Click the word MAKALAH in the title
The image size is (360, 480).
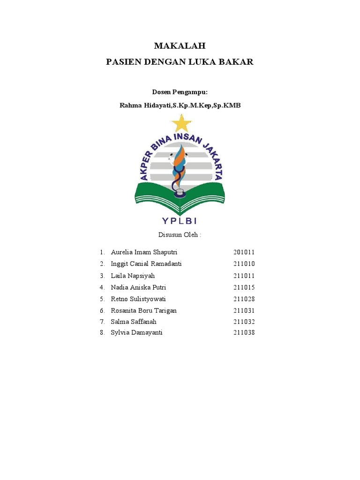[180, 46]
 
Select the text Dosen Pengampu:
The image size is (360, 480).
[180, 92]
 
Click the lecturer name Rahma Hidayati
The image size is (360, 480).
[145, 105]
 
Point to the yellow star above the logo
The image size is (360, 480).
[181, 123]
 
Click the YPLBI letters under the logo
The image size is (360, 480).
[180, 220]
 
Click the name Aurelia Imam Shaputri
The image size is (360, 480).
[141, 252]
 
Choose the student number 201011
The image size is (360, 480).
[244, 252]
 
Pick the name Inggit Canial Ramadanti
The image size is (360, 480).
[146, 264]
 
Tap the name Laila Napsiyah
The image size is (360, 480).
[133, 276]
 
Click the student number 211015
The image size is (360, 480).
[244, 287]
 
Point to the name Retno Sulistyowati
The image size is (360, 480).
[138, 299]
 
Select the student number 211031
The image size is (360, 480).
[244, 311]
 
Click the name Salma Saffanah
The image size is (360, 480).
[134, 322]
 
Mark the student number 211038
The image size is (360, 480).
[244, 333]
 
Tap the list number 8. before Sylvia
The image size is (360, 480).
[102, 333]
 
